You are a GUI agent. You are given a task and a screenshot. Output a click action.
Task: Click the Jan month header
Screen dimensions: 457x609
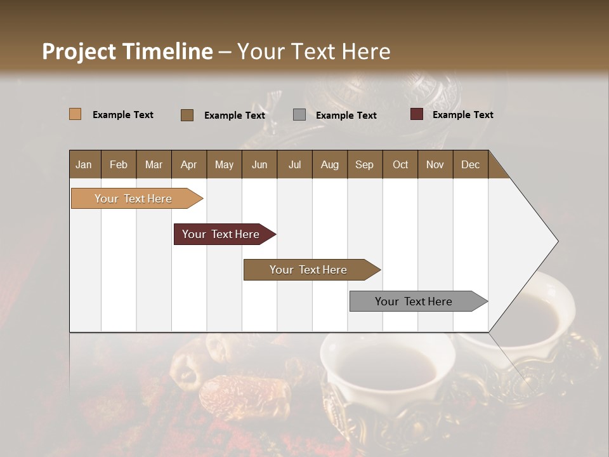coord(84,164)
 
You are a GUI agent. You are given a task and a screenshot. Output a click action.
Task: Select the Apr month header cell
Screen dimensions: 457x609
coord(189,164)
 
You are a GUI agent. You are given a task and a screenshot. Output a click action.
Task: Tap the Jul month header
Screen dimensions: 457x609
coord(294,164)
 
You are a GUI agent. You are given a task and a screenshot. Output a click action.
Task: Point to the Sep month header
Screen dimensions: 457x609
coord(364,164)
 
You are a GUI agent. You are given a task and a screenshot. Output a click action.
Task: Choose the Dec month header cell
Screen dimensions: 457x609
coord(470,164)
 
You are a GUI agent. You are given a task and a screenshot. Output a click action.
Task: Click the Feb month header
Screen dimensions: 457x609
coord(119,164)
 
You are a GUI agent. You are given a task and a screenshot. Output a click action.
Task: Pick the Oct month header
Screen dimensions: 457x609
coord(400,164)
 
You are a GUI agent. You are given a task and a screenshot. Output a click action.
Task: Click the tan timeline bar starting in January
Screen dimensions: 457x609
coord(133,199)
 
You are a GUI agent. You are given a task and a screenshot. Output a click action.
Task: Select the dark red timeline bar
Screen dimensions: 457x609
coord(221,234)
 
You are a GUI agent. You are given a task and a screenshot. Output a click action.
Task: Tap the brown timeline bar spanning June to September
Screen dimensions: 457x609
coord(308,270)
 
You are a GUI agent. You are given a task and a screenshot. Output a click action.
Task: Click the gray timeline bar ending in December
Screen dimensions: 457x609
coord(414,301)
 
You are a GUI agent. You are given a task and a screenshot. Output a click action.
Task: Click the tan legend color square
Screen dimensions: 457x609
coord(75,114)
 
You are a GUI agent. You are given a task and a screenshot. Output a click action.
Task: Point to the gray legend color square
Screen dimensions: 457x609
coord(299,115)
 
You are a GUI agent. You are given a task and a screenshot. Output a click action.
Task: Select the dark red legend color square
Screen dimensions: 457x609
coord(417,114)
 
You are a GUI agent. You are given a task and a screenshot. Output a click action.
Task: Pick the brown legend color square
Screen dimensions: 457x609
coord(187,115)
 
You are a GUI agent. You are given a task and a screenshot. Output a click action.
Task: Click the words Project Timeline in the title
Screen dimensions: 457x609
coord(128,51)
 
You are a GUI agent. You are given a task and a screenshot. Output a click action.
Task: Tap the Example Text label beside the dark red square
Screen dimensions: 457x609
coord(462,115)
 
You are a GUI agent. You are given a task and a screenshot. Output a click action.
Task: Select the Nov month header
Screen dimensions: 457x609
coord(435,164)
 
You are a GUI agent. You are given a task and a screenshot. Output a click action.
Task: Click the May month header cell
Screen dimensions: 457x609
coord(224,164)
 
